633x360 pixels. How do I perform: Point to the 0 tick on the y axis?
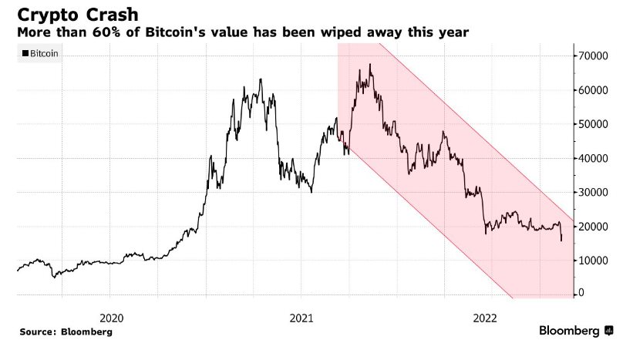pyautogui.click(x=582, y=293)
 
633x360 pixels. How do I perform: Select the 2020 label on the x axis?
pyautogui.click(x=113, y=317)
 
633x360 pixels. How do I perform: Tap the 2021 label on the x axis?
pyautogui.click(x=301, y=317)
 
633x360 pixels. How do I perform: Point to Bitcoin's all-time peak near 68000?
pyautogui.click(x=371, y=65)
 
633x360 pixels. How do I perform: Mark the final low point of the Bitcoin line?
pyautogui.click(x=561, y=241)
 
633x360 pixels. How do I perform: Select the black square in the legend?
pyautogui.click(x=25, y=53)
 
